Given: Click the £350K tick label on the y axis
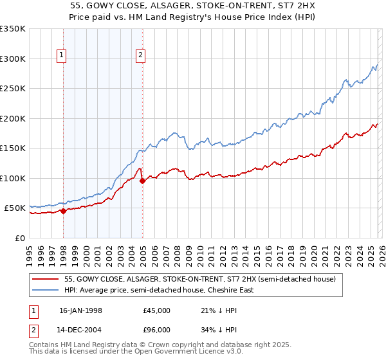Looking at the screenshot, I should pyautogui.click(x=12, y=29).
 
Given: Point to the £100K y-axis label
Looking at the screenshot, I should pyautogui.click(x=12, y=178).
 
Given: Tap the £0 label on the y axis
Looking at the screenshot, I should pyautogui.click(x=19, y=238).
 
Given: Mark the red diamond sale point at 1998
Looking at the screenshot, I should pyautogui.click(x=64, y=211).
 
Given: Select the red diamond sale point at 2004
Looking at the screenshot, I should pyautogui.click(x=142, y=181).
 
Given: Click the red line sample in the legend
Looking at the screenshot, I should pyautogui.click(x=46, y=280).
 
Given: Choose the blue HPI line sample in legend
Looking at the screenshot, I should pyautogui.click(x=46, y=290).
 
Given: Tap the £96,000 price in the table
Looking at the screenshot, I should pyautogui.click(x=156, y=329).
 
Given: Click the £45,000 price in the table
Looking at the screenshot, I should pyautogui.click(x=156, y=310).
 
